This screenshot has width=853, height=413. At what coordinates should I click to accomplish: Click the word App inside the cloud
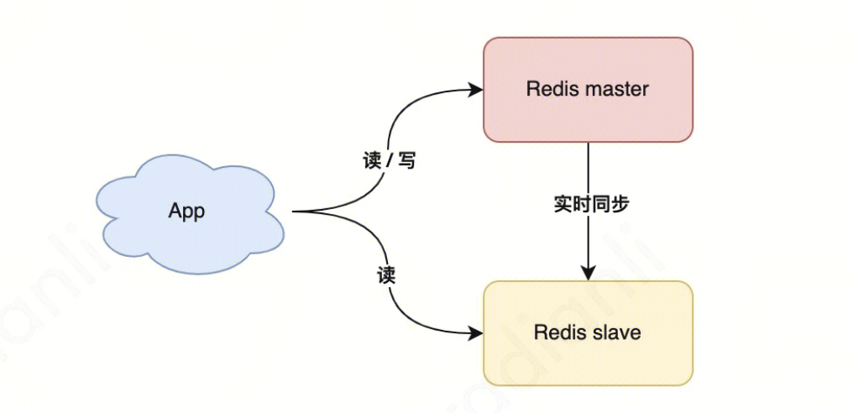pos(186,211)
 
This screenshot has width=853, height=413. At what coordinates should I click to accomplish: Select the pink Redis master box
pos(588,118)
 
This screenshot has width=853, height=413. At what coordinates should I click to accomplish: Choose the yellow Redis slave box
pos(588,361)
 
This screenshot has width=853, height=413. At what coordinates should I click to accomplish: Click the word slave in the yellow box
pos(616,332)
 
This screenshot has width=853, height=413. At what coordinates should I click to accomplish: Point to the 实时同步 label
pos(591,204)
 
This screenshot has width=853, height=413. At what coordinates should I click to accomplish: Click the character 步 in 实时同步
pos(620,204)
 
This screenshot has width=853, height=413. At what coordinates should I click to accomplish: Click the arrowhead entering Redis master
pos(476,89)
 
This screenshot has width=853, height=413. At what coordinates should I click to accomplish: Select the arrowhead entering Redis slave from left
pos(476,333)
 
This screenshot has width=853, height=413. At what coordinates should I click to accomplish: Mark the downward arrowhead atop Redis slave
pos(588,274)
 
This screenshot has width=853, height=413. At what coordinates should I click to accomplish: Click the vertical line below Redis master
pos(588,168)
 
